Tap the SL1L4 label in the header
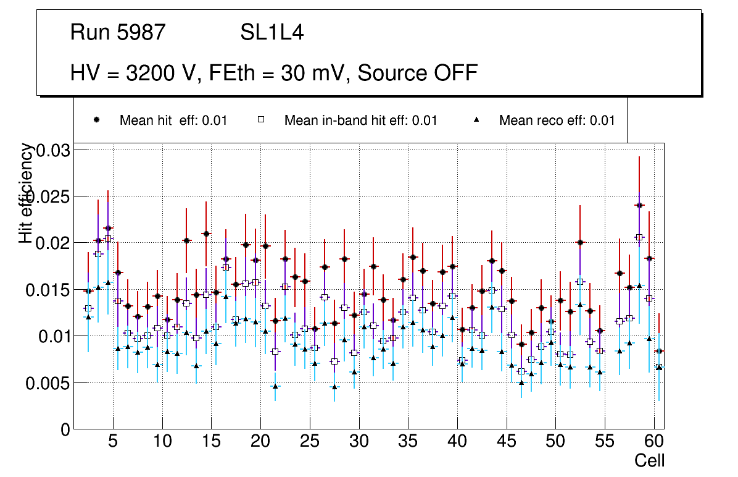point(272,33)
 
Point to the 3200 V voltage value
point(165,73)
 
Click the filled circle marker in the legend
point(96,120)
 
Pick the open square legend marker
point(260,120)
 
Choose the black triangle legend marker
point(476,120)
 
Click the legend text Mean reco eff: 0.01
point(557,120)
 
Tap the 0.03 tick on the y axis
point(54,151)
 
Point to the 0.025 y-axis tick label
point(49,197)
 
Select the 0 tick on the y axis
point(65,429)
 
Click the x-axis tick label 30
point(359,442)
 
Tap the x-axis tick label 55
point(604,442)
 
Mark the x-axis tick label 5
point(113,442)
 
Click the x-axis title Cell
point(649,461)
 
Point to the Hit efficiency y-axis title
point(26,193)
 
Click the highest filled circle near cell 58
point(639,205)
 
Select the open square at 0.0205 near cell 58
point(639,237)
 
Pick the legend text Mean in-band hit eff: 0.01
point(360,120)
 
